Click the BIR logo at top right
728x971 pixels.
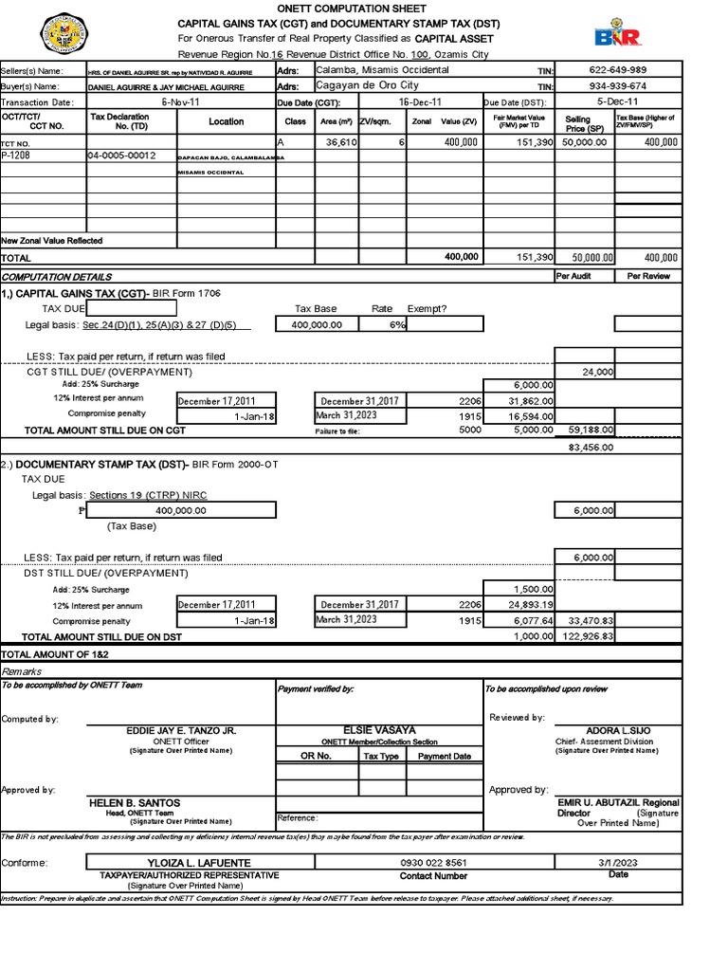coord(617,34)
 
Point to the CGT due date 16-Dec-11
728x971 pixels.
coord(419,102)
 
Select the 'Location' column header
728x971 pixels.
coord(226,121)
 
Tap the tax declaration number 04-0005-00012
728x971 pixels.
coord(121,156)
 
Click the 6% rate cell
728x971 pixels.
coord(395,324)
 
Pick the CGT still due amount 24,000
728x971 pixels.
coord(598,372)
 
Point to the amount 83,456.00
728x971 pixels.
coord(591,446)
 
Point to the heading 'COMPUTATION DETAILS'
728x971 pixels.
coord(57,276)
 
